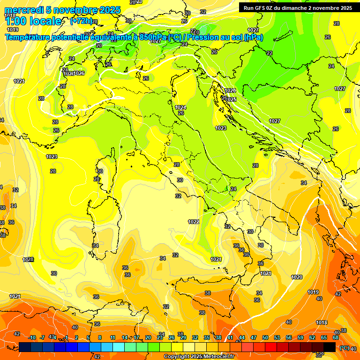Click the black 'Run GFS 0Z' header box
[x=296, y=7]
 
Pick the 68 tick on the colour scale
[x=336, y=337]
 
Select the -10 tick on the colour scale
[x=32, y=337]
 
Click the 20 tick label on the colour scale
[x=148, y=337]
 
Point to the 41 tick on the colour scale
[x=230, y=337]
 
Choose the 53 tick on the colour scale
[x=277, y=337]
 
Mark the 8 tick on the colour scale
[x=100, y=337]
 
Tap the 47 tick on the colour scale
[x=254, y=337]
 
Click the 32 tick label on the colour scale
[x=195, y=337]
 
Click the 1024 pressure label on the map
[x=180, y=107]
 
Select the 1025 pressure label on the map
[x=231, y=99]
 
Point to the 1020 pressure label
[x=297, y=277]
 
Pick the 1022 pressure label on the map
[x=194, y=222]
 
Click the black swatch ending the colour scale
[x=330, y=347]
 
